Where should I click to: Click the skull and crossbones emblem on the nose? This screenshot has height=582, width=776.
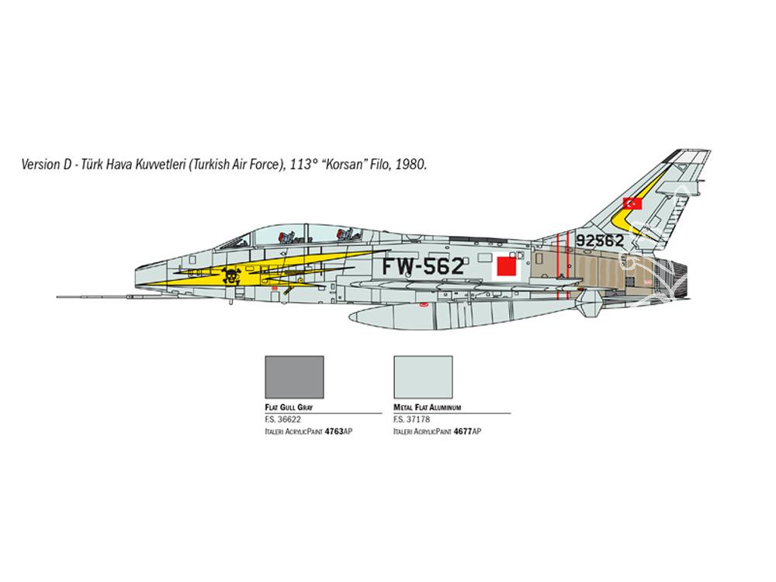point(231,276)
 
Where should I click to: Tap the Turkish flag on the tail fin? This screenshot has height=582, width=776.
point(632,203)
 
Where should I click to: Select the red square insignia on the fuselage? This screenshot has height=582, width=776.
point(506,265)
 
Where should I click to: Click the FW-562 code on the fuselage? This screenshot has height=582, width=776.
point(423,266)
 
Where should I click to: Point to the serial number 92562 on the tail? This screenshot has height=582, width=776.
point(600,241)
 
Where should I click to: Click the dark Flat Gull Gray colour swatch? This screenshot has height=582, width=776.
point(294,377)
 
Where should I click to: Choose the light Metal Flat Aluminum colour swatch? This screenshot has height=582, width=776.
point(423,377)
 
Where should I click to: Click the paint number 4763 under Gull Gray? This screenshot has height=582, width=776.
point(334,431)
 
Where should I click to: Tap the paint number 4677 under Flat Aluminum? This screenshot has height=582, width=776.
point(462,431)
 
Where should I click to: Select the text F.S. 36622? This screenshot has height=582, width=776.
point(283,420)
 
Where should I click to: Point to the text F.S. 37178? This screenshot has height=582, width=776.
point(412,420)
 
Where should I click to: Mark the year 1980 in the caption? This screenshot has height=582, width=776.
point(411,165)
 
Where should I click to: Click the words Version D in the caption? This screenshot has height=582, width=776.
point(47,165)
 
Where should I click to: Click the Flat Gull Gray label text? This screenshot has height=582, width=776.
point(289,407)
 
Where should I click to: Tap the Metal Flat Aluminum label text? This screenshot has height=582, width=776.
point(428,407)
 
